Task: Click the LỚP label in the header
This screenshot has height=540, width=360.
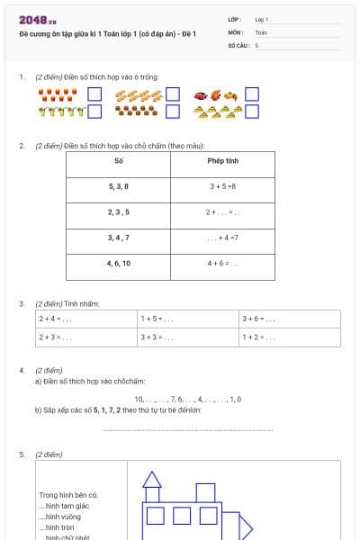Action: coord(235,19)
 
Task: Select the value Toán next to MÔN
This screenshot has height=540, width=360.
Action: coord(261,31)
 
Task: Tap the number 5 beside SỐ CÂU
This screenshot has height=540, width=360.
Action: coord(257,44)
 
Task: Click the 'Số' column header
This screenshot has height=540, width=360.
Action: coord(119,161)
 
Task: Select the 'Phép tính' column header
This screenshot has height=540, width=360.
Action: coord(222,161)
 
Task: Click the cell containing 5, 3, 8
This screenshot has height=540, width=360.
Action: coord(119,186)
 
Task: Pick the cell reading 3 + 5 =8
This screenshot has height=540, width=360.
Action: coord(222,186)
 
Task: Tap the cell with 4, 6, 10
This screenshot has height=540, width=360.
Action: coord(119,264)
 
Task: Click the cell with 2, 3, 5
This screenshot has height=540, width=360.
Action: coord(119,212)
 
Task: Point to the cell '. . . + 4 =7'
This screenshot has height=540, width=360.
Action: coord(222,238)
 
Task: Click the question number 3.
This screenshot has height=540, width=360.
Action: coord(22,303)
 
